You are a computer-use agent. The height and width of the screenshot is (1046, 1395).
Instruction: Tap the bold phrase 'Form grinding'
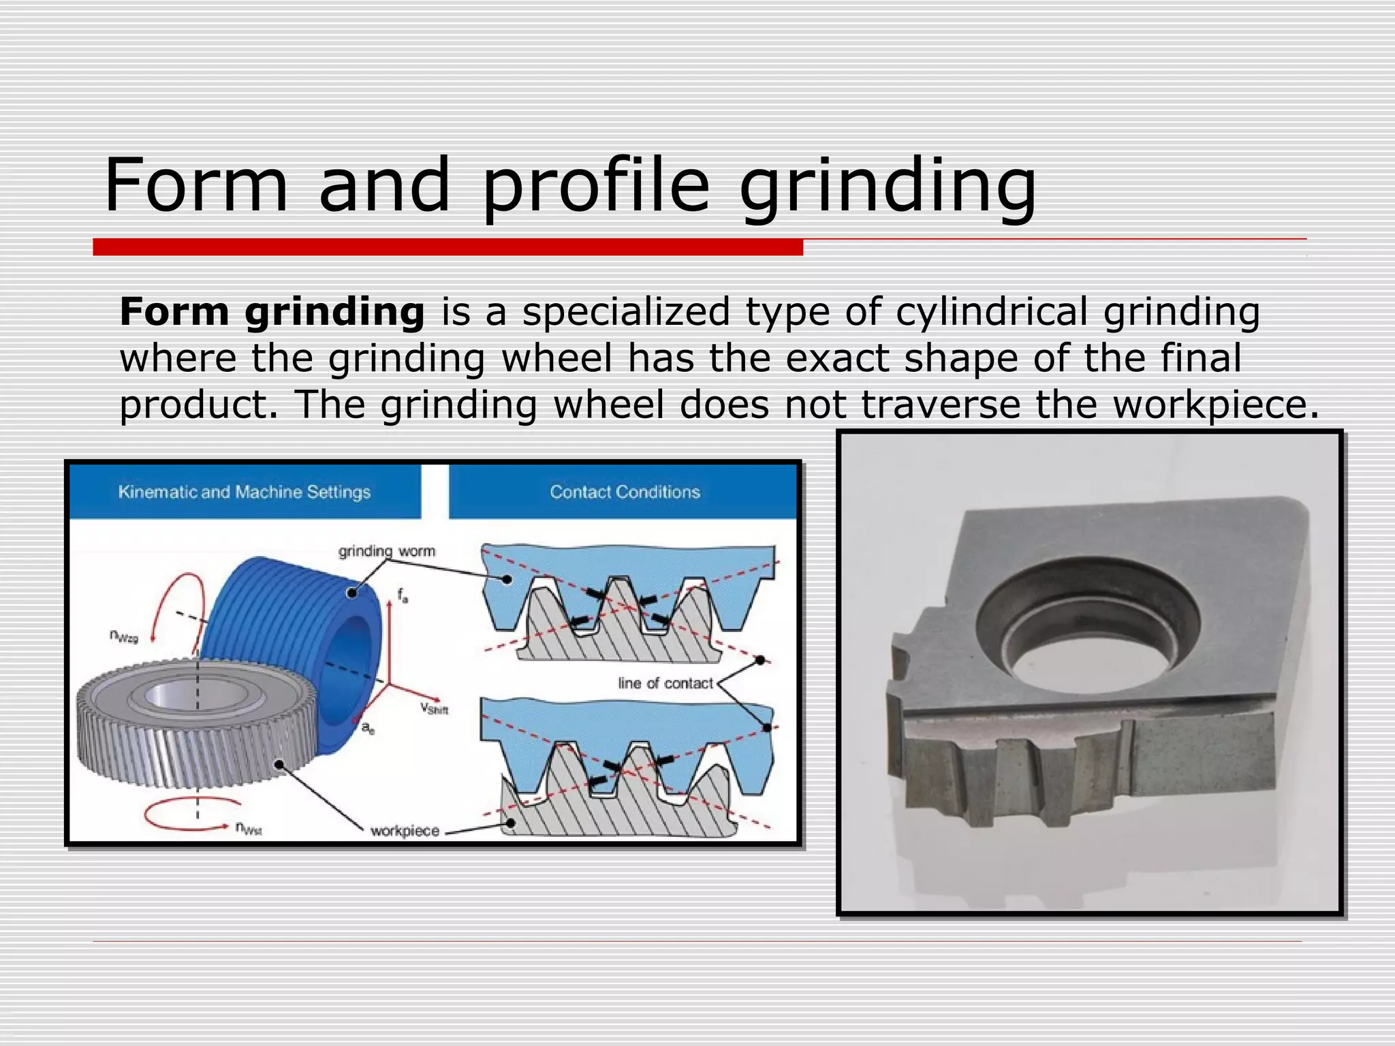click(272, 313)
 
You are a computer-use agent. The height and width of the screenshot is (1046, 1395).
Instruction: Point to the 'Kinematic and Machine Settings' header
click(244, 492)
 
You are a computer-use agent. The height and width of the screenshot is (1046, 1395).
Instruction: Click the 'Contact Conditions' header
click(625, 492)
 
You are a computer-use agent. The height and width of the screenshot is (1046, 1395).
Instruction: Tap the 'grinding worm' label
click(386, 551)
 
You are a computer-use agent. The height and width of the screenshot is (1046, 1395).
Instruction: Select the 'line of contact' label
click(665, 683)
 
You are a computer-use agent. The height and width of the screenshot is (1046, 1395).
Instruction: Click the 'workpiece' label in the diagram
click(405, 831)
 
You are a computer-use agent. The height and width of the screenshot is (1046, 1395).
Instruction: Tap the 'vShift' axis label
click(434, 709)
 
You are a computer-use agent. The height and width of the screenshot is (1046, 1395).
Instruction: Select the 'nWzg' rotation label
click(123, 635)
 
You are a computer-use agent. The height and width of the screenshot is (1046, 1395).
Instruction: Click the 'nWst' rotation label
click(249, 828)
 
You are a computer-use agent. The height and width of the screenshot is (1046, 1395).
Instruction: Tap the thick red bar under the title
click(448, 247)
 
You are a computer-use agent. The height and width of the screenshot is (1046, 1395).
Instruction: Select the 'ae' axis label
click(367, 729)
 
